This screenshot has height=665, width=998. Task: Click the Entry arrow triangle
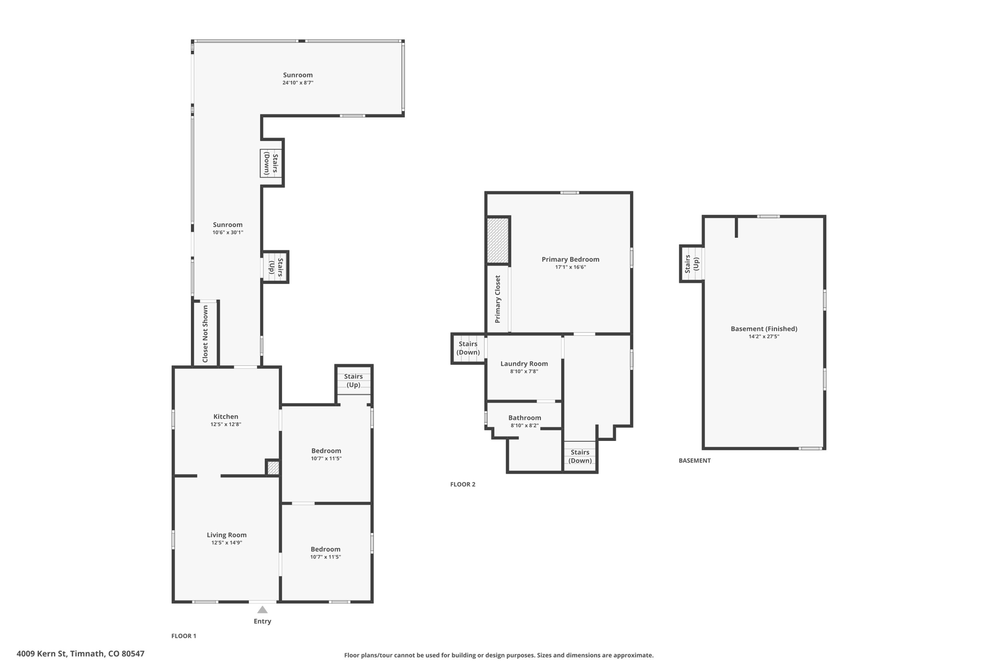262,609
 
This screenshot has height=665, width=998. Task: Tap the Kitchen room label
226,417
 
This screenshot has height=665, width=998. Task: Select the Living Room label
227,535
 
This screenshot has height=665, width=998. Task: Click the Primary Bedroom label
571,259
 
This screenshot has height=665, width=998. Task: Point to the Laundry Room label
524,363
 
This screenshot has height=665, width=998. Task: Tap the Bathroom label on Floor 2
525,418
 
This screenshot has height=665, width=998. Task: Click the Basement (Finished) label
764,329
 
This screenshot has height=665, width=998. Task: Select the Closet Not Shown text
205,334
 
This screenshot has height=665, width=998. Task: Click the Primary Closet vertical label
498,299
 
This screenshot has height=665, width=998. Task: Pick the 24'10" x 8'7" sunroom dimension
298,83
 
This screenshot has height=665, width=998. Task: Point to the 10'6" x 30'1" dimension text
228,232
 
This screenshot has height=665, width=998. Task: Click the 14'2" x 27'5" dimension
764,337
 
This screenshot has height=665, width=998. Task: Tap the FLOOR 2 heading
463,484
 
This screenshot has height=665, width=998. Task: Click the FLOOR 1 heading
184,636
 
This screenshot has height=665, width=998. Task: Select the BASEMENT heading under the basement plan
695,460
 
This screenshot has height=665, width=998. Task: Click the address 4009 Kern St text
41,654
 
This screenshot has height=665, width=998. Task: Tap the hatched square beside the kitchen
273,468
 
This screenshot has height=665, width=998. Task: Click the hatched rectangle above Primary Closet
498,240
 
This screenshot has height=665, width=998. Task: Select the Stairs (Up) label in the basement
692,264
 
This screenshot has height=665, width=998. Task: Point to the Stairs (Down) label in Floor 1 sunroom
271,163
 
